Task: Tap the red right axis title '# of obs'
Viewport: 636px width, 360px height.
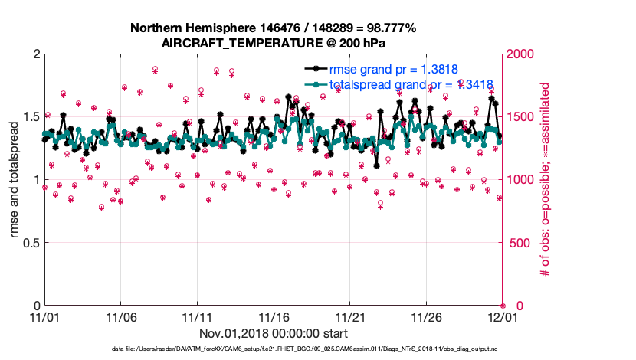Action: tap(546, 180)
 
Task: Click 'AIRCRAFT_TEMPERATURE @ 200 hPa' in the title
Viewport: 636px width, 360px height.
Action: tap(274, 42)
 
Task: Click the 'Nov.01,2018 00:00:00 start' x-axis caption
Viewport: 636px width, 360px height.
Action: tap(274, 334)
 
